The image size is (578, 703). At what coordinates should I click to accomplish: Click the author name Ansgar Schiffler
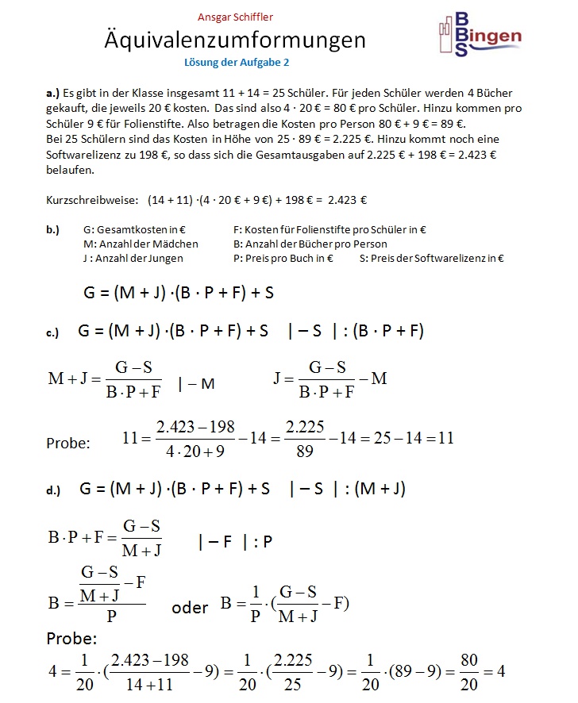235,17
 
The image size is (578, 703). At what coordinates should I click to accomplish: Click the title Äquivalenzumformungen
235,40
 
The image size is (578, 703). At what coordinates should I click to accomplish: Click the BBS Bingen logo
480,36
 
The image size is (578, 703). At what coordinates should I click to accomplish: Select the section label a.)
52,93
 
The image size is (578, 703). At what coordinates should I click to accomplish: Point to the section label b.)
52,230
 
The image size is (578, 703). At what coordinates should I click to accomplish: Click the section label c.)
52,333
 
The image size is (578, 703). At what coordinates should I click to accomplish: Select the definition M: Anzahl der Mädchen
141,244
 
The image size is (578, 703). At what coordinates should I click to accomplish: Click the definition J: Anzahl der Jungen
133,259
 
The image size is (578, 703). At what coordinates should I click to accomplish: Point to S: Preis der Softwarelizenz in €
432,259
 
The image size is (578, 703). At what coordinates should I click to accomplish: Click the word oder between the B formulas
190,608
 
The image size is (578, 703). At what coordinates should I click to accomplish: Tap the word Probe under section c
68,443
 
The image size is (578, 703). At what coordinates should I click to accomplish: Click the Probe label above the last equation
71,639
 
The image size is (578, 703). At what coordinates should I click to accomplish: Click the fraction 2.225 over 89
305,438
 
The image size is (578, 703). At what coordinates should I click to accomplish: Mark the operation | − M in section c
196,385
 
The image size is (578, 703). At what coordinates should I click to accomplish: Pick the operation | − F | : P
236,543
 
